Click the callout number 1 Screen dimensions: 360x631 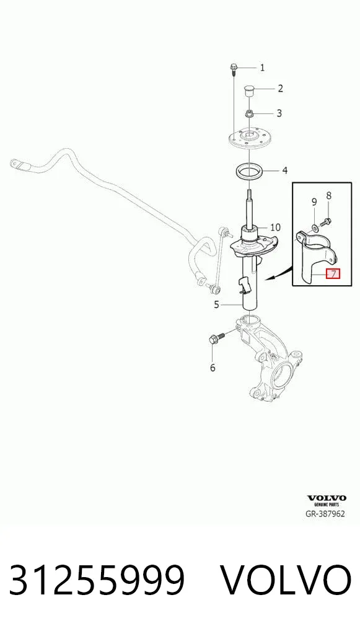[262, 68]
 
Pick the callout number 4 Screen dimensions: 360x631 [284, 171]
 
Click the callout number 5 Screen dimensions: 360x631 [216, 305]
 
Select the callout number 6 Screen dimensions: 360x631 [213, 368]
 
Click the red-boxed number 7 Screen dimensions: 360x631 [333, 274]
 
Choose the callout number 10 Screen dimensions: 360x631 [275, 227]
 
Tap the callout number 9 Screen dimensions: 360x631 [314, 202]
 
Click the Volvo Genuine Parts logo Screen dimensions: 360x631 [327, 501]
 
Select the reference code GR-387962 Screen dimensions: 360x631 [326, 514]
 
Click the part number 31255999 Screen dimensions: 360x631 [97, 580]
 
